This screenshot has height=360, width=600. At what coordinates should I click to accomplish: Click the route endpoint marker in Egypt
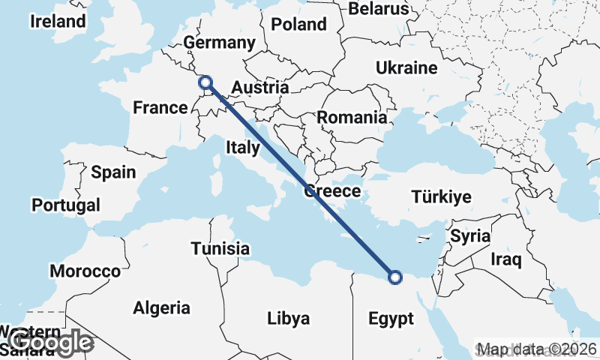[x=395, y=278]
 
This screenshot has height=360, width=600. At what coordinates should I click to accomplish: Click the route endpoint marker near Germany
[x=204, y=82]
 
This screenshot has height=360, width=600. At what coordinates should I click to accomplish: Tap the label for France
[x=160, y=108]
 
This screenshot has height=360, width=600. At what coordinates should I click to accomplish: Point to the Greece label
[x=332, y=192]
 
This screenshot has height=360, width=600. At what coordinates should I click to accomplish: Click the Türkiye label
[x=441, y=197]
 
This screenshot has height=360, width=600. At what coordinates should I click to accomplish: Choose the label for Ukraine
[x=406, y=68]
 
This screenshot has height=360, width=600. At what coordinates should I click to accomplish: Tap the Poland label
[x=298, y=25]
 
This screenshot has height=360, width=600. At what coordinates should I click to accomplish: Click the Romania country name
[x=352, y=118]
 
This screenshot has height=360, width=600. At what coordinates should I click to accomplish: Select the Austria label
[x=259, y=88]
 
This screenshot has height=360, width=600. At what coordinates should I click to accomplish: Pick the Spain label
[x=113, y=172]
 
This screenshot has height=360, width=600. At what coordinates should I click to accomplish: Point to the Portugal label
[x=66, y=205]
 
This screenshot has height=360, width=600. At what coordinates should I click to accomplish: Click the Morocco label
[x=85, y=271]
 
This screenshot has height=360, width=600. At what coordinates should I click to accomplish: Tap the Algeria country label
[x=161, y=307]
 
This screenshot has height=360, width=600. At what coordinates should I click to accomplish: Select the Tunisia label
[x=220, y=248]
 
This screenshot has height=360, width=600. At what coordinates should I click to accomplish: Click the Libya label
[x=289, y=319]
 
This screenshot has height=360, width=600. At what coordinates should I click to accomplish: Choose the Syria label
[x=469, y=236]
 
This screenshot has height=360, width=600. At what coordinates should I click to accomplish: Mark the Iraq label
[x=505, y=259]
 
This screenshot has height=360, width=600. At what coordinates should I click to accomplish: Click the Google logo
[x=49, y=343]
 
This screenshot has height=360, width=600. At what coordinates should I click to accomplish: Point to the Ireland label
[x=58, y=21]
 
